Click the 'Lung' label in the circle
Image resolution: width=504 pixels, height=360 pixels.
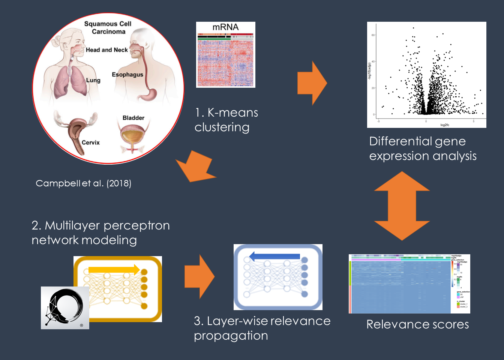[93, 80]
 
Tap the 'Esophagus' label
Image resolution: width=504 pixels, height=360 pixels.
[127, 75]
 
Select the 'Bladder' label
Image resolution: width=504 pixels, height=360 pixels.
[133, 118]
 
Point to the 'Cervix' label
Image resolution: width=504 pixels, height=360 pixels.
[91, 142]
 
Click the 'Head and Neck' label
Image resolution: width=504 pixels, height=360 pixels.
[106, 50]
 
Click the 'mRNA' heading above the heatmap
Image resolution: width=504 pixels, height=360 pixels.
[225, 27]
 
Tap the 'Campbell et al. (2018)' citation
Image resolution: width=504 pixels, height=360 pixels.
[83, 183]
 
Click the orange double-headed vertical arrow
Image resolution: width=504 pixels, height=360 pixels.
[402, 206]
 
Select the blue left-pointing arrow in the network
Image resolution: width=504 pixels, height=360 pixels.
[275, 256]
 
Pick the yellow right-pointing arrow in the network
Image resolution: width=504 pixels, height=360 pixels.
[114, 269]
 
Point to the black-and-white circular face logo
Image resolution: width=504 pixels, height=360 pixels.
[65, 307]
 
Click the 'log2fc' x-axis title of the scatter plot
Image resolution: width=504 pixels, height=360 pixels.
[444, 125]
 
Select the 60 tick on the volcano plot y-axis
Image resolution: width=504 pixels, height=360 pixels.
[373, 35]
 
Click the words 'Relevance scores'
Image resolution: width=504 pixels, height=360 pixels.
[417, 324]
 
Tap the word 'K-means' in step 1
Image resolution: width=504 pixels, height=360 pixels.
[233, 113]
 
